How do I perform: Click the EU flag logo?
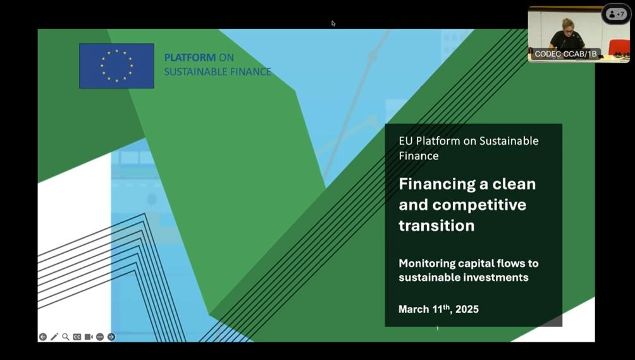[116, 66]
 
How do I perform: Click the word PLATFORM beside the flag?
[190, 58]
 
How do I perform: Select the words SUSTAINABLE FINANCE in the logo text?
[218, 71]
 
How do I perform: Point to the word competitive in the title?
[479, 204]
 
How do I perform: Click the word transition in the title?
[436, 226]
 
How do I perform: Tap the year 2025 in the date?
[467, 309]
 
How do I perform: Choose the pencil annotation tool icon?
[54, 337]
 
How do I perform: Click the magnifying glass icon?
[66, 337]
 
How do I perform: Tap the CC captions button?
[77, 337]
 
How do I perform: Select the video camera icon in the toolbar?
[89, 337]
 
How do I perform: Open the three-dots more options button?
[100, 337]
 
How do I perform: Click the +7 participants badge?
[617, 14]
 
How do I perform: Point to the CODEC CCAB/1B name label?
[565, 54]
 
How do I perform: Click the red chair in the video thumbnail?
[619, 47]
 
